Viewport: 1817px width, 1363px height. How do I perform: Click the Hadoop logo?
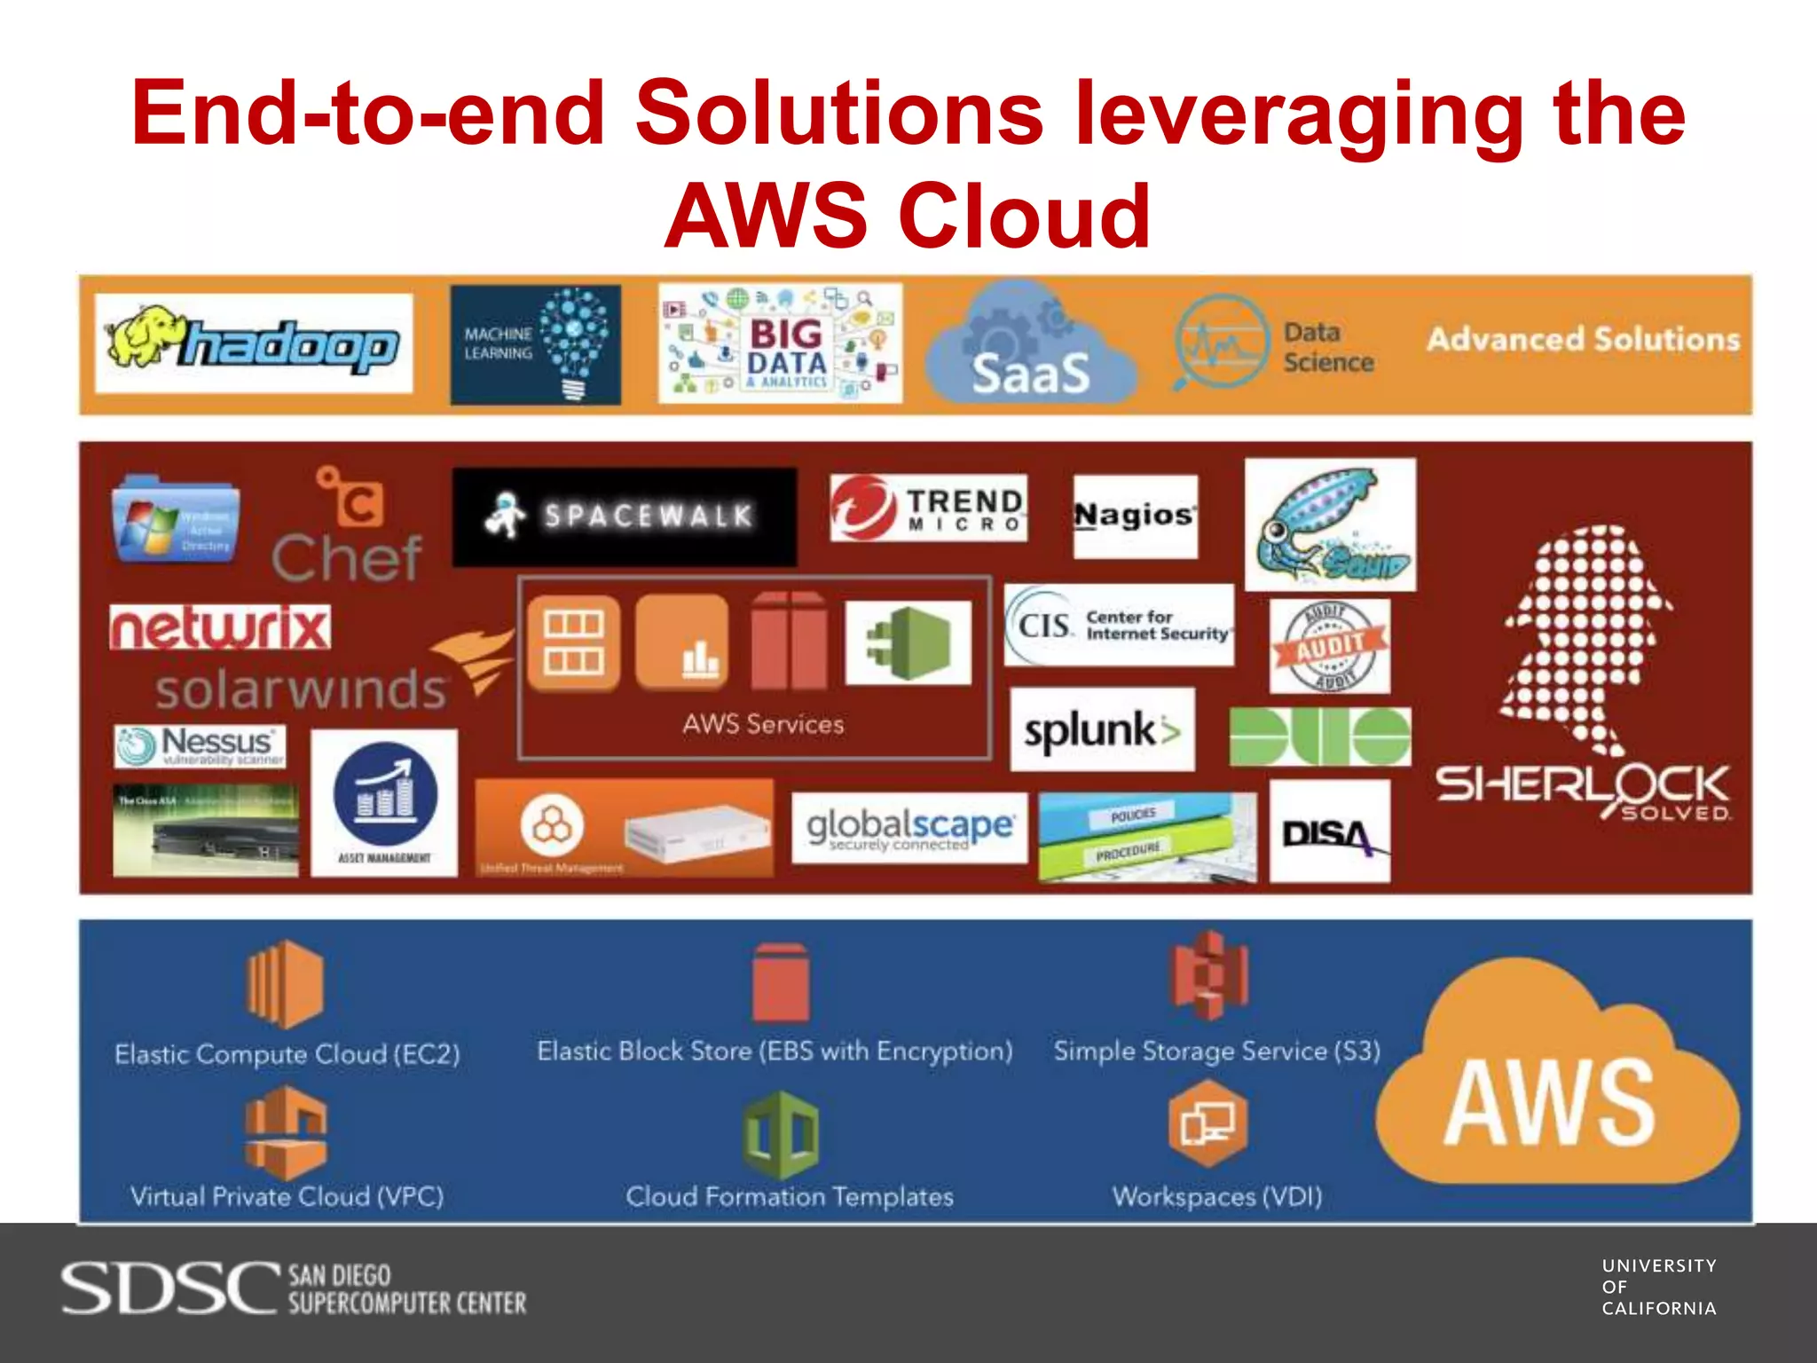coord(254,343)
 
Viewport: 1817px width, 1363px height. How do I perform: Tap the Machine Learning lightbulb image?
coord(536,344)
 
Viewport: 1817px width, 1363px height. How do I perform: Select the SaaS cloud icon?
coord(1030,346)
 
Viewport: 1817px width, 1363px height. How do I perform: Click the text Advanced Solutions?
coord(1583,340)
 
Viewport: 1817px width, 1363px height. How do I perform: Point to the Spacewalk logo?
coord(625,516)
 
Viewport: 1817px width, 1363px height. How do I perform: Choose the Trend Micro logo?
coord(928,508)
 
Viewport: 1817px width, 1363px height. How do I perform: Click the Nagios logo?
coord(1135,516)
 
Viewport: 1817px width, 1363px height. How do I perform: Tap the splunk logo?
coord(1102,730)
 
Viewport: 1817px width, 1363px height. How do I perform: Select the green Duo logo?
coord(1319,737)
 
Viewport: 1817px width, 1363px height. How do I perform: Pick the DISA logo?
coord(1329,831)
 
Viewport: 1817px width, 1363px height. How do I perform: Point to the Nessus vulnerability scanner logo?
coord(201,746)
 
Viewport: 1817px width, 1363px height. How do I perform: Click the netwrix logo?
coord(220,627)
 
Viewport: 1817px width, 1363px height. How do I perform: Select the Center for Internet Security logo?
coord(1119,625)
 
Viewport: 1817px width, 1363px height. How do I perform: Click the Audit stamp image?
coord(1329,646)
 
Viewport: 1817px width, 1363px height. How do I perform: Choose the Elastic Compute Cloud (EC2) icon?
coord(285,983)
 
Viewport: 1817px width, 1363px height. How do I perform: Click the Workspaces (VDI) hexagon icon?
coord(1207,1123)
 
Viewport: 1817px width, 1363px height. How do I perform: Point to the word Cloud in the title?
coord(1025,216)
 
